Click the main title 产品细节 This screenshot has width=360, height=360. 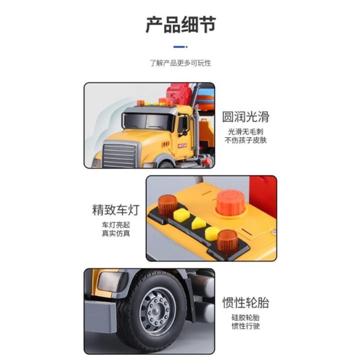(179, 27)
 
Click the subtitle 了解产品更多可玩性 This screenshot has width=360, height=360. (179, 63)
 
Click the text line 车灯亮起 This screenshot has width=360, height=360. (113, 226)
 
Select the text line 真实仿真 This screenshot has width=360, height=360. (113, 237)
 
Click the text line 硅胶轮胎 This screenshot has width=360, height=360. (245, 319)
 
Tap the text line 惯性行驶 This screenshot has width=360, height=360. (245, 329)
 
